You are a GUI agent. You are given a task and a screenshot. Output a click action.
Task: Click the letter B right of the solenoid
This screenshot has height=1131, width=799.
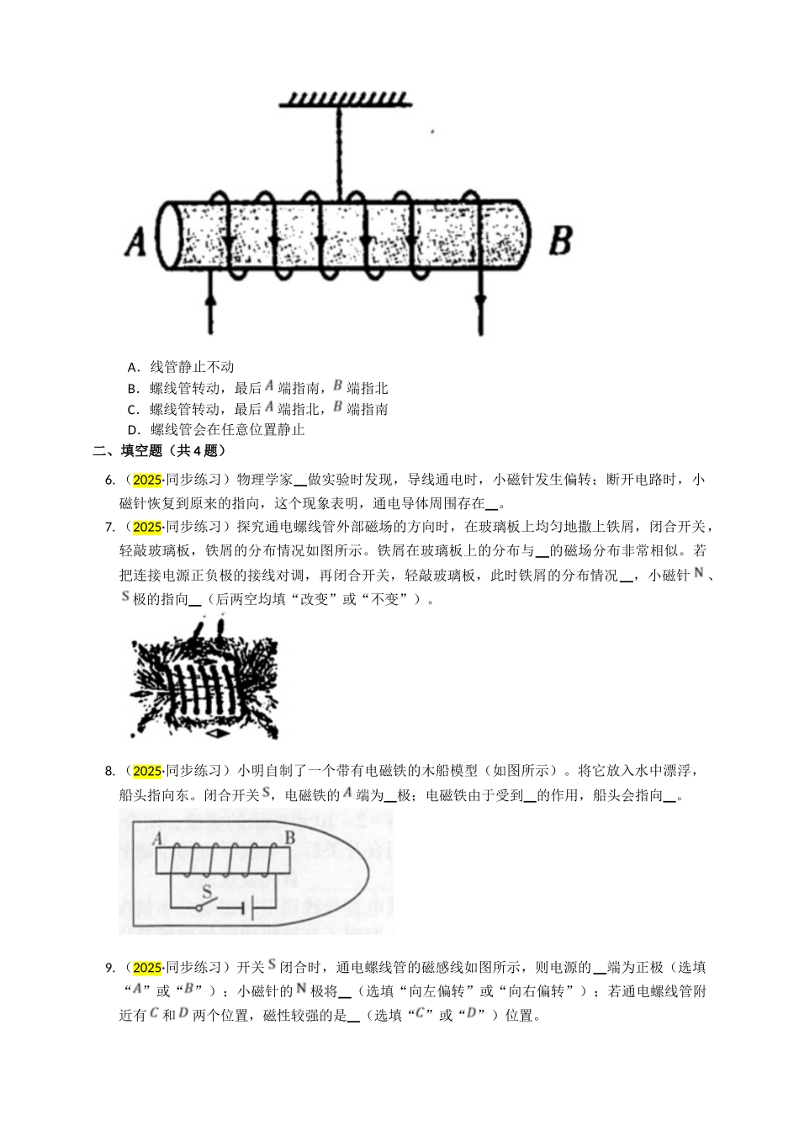point(560,239)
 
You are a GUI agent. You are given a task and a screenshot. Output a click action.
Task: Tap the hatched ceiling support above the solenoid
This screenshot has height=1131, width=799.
point(345,100)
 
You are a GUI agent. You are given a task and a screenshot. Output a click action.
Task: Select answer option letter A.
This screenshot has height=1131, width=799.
point(132,367)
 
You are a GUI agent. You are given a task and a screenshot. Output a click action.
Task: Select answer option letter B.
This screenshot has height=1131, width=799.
point(132,388)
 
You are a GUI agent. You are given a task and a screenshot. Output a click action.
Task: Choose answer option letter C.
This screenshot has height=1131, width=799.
point(132,410)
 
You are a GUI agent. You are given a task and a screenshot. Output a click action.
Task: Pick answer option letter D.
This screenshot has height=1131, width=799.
point(132,430)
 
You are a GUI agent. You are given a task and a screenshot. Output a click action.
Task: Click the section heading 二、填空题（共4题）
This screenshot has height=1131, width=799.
point(159,451)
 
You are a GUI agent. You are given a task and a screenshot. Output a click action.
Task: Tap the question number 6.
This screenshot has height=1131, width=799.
point(108,481)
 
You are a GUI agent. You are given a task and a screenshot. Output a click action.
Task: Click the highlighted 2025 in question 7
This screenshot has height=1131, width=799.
point(147,528)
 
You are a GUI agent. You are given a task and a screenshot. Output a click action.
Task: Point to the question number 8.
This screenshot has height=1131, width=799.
point(108,771)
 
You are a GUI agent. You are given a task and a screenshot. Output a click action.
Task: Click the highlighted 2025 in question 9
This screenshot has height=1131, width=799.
point(147,967)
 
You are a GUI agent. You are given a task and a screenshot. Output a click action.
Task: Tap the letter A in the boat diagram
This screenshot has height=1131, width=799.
point(157,838)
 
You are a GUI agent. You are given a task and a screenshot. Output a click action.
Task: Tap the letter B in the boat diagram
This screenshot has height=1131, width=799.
point(288,838)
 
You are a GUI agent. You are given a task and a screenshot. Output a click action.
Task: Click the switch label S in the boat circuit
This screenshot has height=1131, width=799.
point(207,890)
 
